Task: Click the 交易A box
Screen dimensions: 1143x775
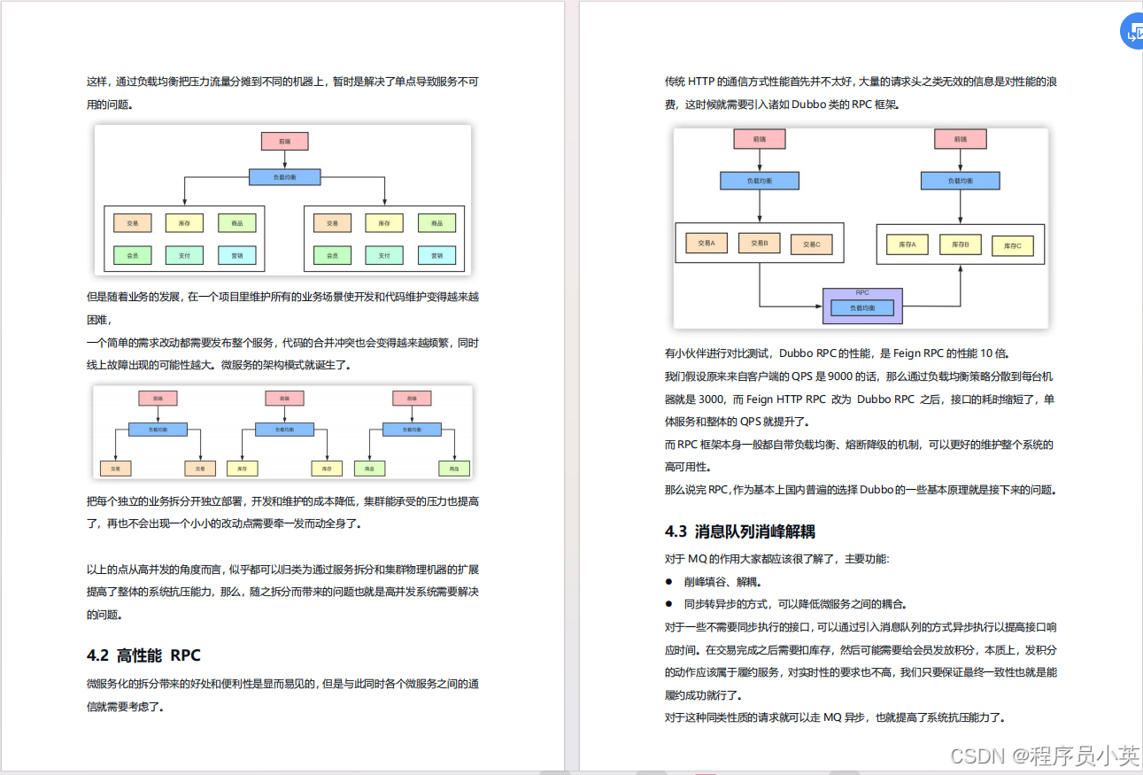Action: [x=706, y=242]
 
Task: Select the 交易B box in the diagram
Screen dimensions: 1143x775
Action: [x=760, y=242]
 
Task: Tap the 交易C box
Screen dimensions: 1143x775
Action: [x=812, y=244]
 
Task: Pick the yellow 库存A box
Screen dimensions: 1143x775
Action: [x=907, y=244]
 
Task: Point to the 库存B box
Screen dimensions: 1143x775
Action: [x=961, y=244]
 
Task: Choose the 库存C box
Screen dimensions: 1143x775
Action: [x=1013, y=245]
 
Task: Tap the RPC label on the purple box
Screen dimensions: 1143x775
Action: [x=862, y=292]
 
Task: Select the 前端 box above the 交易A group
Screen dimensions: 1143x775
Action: [x=760, y=139]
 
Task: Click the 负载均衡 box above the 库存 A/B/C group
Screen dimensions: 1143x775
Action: [x=961, y=181]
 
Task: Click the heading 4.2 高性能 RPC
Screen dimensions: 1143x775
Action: [x=143, y=655]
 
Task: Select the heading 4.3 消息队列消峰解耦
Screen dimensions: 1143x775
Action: [x=740, y=531]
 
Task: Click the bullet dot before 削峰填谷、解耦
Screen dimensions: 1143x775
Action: [x=669, y=582]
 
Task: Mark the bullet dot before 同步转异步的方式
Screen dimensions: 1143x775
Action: [x=669, y=605]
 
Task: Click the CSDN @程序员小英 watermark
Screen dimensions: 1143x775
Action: [x=1044, y=756]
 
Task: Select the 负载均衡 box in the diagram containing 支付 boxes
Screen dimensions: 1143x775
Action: [x=284, y=177]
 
